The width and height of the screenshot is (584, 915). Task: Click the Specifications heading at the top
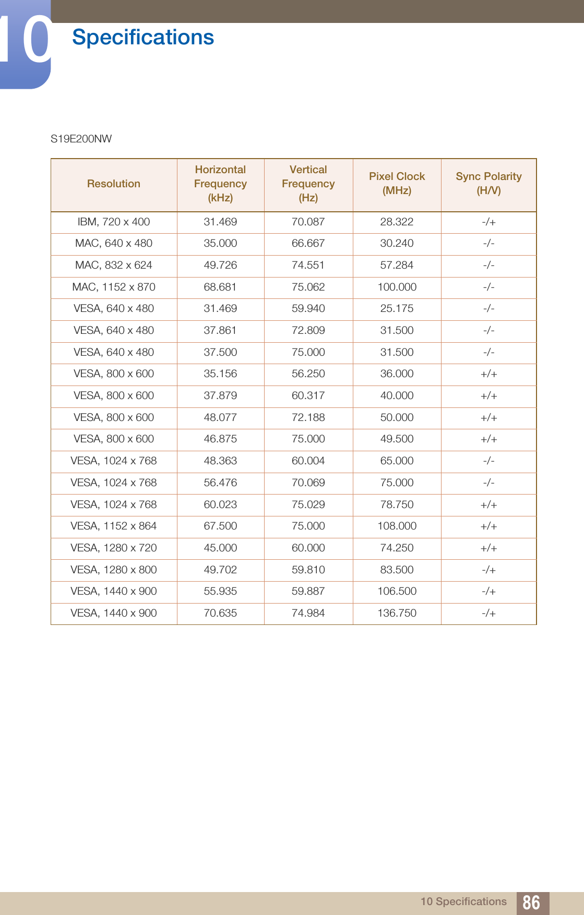(x=143, y=38)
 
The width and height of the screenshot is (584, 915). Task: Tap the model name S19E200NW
(x=81, y=139)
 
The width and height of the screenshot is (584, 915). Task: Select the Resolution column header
(x=114, y=184)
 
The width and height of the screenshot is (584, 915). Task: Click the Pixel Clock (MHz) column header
(x=397, y=183)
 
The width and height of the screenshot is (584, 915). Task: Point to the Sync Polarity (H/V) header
(x=488, y=183)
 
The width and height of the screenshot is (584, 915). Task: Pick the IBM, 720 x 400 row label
(x=114, y=222)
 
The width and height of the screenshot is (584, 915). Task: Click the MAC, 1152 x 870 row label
(x=114, y=287)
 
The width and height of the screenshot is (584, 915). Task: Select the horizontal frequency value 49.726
(x=220, y=265)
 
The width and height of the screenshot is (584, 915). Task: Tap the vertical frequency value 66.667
(x=308, y=243)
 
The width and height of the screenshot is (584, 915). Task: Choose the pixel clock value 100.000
(x=397, y=287)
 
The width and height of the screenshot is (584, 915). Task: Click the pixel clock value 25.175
(x=397, y=308)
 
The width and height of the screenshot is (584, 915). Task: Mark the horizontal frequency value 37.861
(x=220, y=330)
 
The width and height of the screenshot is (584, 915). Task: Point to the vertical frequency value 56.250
(x=308, y=374)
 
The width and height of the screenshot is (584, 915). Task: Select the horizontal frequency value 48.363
(x=220, y=461)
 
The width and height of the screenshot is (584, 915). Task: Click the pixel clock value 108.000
(x=397, y=526)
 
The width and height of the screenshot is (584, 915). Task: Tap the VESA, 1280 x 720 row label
(x=114, y=548)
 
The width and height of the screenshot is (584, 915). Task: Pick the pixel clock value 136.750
(x=397, y=613)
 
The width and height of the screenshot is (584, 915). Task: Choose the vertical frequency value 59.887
(x=308, y=591)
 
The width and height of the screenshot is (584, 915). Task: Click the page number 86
(x=531, y=902)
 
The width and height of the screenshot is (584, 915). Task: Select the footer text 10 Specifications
(x=463, y=901)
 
